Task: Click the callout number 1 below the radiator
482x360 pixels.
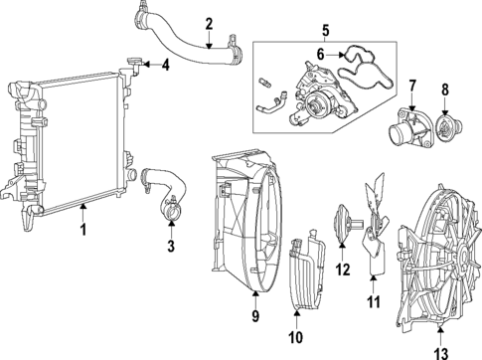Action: point(83,230)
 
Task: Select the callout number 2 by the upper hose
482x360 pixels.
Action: point(208,23)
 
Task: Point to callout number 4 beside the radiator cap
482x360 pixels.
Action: point(166,67)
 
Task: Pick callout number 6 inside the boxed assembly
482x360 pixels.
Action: point(321,54)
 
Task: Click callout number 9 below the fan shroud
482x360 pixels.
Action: point(254,318)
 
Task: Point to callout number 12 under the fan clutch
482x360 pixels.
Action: point(343,269)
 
